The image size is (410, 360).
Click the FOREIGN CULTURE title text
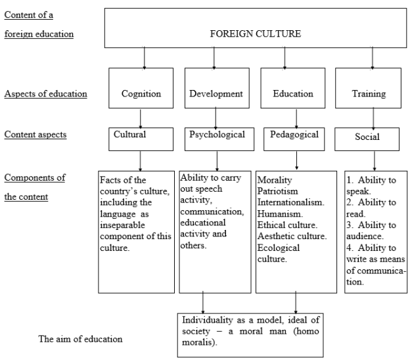click(x=256, y=34)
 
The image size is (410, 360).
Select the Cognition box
click(x=141, y=88)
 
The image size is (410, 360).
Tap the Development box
click(x=217, y=88)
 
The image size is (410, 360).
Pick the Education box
click(x=293, y=88)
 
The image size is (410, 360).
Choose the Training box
click(x=368, y=88)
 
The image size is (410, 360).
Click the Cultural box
click(x=141, y=139)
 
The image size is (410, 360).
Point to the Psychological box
click(x=219, y=139)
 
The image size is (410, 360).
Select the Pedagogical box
click(x=294, y=139)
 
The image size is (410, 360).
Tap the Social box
click(x=367, y=139)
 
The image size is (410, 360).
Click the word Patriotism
click(x=278, y=191)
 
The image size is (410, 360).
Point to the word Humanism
click(x=280, y=214)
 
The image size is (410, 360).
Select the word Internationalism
click(x=291, y=202)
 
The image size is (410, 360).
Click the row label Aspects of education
click(x=46, y=93)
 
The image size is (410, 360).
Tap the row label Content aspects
click(x=35, y=135)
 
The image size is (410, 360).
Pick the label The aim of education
click(x=81, y=339)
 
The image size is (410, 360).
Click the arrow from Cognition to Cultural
click(x=141, y=119)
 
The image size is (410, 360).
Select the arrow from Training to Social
click(x=373, y=119)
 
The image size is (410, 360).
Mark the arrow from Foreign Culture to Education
click(x=285, y=58)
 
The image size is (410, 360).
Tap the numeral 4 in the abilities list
click(x=350, y=248)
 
